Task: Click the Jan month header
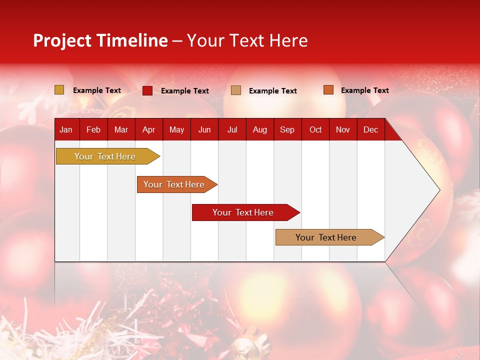(66, 130)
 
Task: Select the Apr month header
(149, 130)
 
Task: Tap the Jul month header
(232, 130)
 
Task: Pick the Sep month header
(287, 130)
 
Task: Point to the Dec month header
(370, 130)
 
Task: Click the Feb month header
(93, 130)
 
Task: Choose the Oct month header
(315, 130)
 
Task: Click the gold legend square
(59, 90)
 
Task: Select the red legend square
(147, 90)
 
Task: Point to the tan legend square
(236, 90)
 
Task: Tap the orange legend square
(328, 90)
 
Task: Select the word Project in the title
(62, 40)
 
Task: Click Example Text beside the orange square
(364, 90)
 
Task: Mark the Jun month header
(204, 130)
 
